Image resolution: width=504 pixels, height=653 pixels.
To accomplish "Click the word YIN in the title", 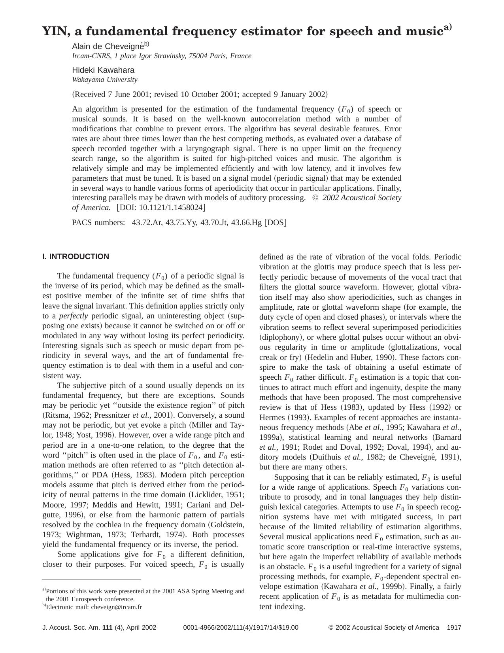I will click(56, 31).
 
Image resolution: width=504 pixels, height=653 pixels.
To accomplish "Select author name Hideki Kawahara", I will click(103, 70).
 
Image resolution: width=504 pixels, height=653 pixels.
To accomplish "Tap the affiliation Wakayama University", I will click(105, 79).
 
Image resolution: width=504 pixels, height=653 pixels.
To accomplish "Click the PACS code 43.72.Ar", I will click(147, 222).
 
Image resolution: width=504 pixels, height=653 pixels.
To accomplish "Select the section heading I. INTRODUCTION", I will click(76, 257).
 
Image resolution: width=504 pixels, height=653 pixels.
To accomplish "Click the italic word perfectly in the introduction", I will click(74, 316).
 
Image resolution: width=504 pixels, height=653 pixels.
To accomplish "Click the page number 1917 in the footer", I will click(454, 627).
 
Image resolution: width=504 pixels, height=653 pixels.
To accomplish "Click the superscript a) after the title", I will click(447, 27).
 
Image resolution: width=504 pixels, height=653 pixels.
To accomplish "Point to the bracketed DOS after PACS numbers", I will click(276, 222).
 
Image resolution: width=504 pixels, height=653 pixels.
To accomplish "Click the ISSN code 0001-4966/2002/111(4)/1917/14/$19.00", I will click(241, 627).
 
